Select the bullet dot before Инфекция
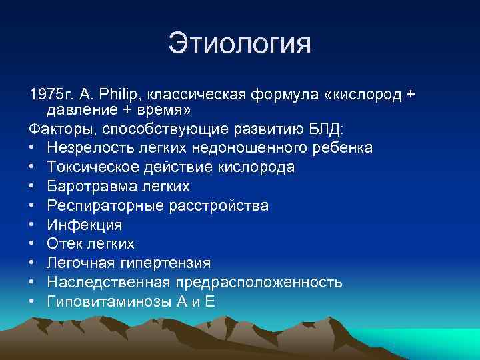(x=33, y=225)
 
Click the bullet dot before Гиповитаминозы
(x=33, y=302)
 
